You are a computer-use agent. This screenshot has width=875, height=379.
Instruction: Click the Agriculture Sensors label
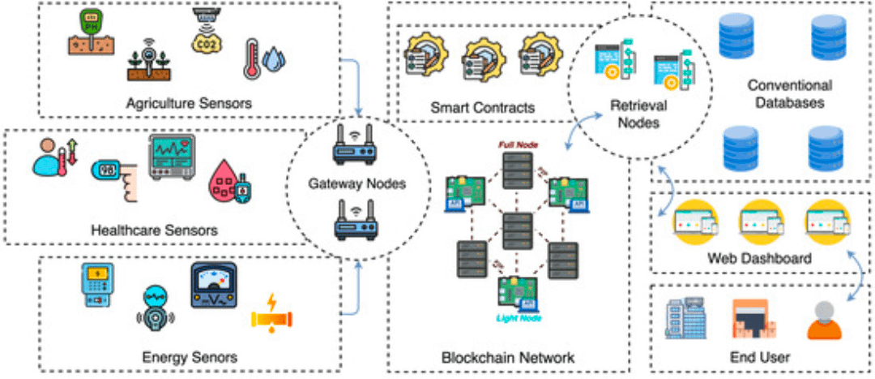(189, 103)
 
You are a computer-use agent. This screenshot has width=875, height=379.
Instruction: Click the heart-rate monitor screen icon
(171, 157)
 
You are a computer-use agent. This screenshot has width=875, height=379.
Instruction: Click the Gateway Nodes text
(356, 184)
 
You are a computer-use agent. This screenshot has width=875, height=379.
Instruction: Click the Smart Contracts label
(471, 107)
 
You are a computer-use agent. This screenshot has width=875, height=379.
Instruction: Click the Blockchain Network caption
(508, 357)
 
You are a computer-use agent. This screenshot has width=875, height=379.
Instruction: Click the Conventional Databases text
(788, 94)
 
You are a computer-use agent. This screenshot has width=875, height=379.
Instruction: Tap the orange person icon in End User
(823, 320)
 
